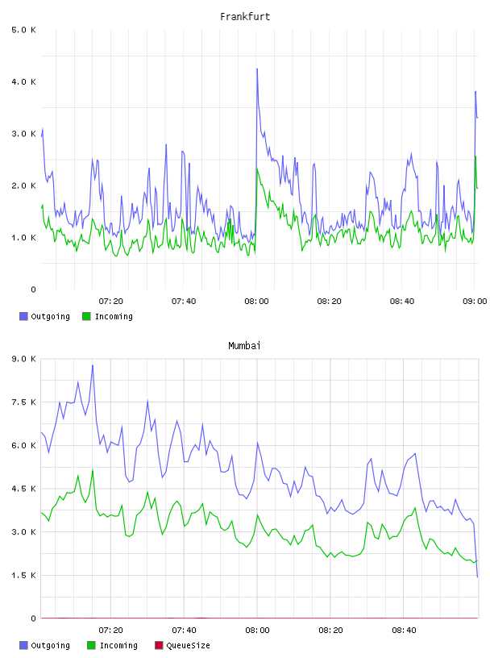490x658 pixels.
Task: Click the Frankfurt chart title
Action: (x=245, y=17)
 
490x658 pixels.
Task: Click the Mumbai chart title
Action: (x=244, y=346)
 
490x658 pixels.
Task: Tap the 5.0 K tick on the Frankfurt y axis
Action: (x=24, y=30)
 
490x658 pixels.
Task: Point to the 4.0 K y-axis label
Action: (x=24, y=81)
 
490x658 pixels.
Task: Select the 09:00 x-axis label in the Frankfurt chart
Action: (x=475, y=302)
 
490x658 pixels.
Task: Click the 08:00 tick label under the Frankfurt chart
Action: (x=256, y=302)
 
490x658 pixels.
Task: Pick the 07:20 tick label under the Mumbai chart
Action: (x=110, y=631)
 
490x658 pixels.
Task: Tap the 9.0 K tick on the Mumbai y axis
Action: (x=24, y=359)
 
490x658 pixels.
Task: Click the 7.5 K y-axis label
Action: (x=24, y=402)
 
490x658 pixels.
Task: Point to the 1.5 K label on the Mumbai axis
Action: (x=24, y=575)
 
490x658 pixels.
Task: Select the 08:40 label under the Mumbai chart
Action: (x=404, y=631)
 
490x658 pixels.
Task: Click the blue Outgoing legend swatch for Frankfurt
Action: (x=23, y=316)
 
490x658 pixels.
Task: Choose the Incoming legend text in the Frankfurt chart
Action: (x=114, y=317)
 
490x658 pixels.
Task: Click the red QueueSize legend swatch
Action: (x=159, y=645)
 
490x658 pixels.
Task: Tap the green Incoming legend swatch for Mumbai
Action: (x=91, y=645)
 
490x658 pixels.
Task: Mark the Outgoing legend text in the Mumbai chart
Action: (x=50, y=646)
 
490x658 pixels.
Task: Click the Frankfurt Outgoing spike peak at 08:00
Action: (x=257, y=69)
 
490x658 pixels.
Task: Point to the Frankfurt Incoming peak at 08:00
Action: (x=257, y=169)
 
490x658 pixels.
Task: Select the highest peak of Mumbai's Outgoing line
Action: (x=93, y=365)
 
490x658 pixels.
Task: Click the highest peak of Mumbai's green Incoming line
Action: (x=93, y=470)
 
